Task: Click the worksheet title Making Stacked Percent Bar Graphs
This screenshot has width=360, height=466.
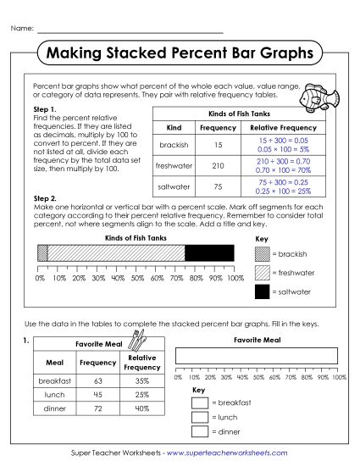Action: point(180,53)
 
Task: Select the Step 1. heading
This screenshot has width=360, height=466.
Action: point(44,110)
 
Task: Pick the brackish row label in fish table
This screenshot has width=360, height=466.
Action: point(174,144)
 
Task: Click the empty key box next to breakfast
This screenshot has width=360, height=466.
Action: point(200,403)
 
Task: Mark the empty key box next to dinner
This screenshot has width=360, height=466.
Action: point(200,432)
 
